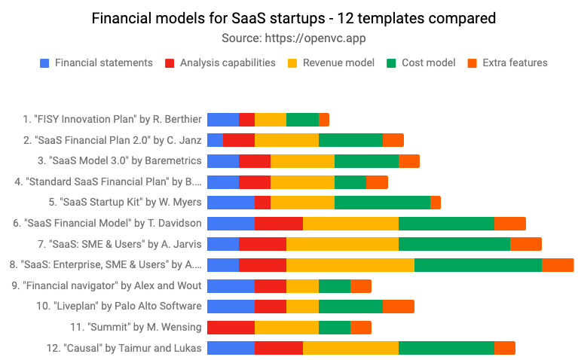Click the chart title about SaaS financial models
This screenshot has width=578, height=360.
click(289, 17)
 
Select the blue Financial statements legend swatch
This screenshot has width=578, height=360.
click(44, 63)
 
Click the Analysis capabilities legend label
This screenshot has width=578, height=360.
click(228, 63)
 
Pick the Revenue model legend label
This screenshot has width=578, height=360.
click(338, 63)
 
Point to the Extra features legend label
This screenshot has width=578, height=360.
click(515, 63)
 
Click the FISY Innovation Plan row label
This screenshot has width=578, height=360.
click(112, 119)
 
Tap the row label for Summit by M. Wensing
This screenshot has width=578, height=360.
click(135, 327)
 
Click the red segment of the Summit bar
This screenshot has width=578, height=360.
click(231, 327)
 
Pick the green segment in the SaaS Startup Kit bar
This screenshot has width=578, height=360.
click(382, 202)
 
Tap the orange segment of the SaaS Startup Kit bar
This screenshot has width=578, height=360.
click(436, 202)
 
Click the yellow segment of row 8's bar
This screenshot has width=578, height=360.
click(350, 264)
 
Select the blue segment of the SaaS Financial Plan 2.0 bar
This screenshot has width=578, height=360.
click(215, 139)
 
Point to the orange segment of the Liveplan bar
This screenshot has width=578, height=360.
click(398, 306)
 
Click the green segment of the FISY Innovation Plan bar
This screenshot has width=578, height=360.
click(302, 119)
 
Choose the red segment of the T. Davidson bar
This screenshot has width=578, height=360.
click(278, 223)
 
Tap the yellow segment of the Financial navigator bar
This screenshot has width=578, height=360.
click(302, 285)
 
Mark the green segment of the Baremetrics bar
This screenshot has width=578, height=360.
click(366, 160)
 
